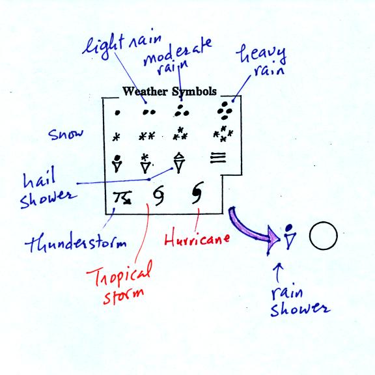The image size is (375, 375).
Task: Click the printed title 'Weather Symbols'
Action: (x=169, y=91)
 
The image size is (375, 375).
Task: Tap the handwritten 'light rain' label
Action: (x=122, y=46)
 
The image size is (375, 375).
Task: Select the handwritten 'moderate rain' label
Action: (x=178, y=57)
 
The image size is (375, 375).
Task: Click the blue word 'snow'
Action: (x=66, y=134)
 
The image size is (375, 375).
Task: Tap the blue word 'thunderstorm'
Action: (x=76, y=242)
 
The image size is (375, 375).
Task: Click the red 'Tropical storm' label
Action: (x=120, y=283)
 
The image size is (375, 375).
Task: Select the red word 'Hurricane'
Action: (x=197, y=239)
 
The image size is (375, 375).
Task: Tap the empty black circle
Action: (x=323, y=236)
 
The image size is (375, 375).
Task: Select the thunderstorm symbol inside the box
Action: (x=122, y=197)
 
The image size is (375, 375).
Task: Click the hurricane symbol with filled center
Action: (x=197, y=193)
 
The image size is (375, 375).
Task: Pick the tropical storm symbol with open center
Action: (x=159, y=195)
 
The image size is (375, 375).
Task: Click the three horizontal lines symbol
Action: (x=218, y=158)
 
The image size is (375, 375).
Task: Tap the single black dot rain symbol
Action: (x=117, y=113)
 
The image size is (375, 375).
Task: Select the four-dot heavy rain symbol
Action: (x=225, y=111)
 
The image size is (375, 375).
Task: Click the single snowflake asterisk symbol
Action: (x=117, y=137)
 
